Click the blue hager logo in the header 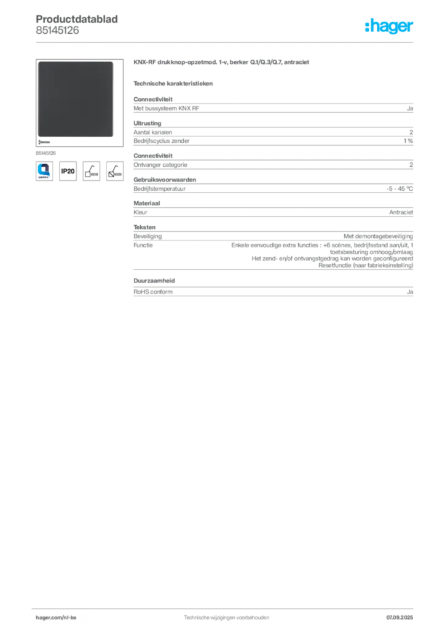point(390,27)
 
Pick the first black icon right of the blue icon point(68,171)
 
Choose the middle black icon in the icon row point(91,170)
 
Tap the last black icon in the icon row point(114,170)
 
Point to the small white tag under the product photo point(44,142)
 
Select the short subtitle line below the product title point(175,82)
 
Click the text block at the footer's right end point(403,615)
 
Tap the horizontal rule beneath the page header point(226,42)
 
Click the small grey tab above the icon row point(47,151)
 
